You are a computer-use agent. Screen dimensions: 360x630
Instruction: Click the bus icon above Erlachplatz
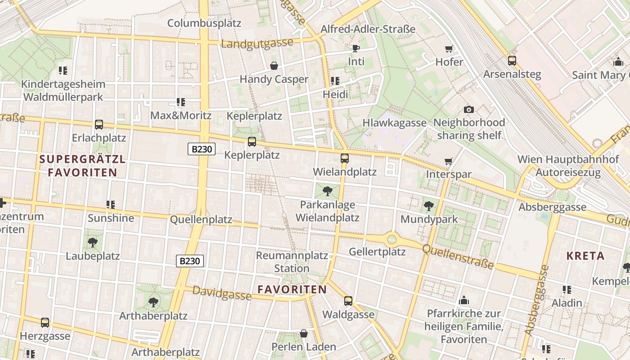[99, 125]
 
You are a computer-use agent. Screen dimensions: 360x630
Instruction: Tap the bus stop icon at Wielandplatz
[345, 158]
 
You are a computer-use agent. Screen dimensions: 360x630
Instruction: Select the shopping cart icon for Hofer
[449, 49]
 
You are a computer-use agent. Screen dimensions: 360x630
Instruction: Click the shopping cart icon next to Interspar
[448, 161]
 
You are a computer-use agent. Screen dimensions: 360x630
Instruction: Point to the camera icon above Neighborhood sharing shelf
[468, 109]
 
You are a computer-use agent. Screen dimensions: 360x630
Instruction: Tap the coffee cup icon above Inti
[356, 48]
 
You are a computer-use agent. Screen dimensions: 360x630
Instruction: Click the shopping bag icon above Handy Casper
[274, 66]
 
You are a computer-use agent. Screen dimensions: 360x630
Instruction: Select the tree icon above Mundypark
[429, 206]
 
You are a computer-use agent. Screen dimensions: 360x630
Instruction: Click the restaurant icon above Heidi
[335, 81]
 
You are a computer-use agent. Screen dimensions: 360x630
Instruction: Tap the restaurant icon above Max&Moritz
[181, 102]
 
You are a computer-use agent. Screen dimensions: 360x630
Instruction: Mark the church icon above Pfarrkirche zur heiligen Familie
[464, 300]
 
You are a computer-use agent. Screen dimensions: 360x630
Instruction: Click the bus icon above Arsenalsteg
[512, 61]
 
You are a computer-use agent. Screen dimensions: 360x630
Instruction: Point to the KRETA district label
[585, 256]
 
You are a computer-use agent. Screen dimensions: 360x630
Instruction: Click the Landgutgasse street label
[257, 44]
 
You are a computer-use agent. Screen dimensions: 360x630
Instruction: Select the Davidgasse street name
[222, 293]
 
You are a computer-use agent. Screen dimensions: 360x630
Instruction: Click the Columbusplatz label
[204, 23]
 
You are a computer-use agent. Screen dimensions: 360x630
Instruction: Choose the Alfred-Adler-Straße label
[368, 29]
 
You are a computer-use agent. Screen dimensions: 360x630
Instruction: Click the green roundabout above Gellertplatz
[392, 239]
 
